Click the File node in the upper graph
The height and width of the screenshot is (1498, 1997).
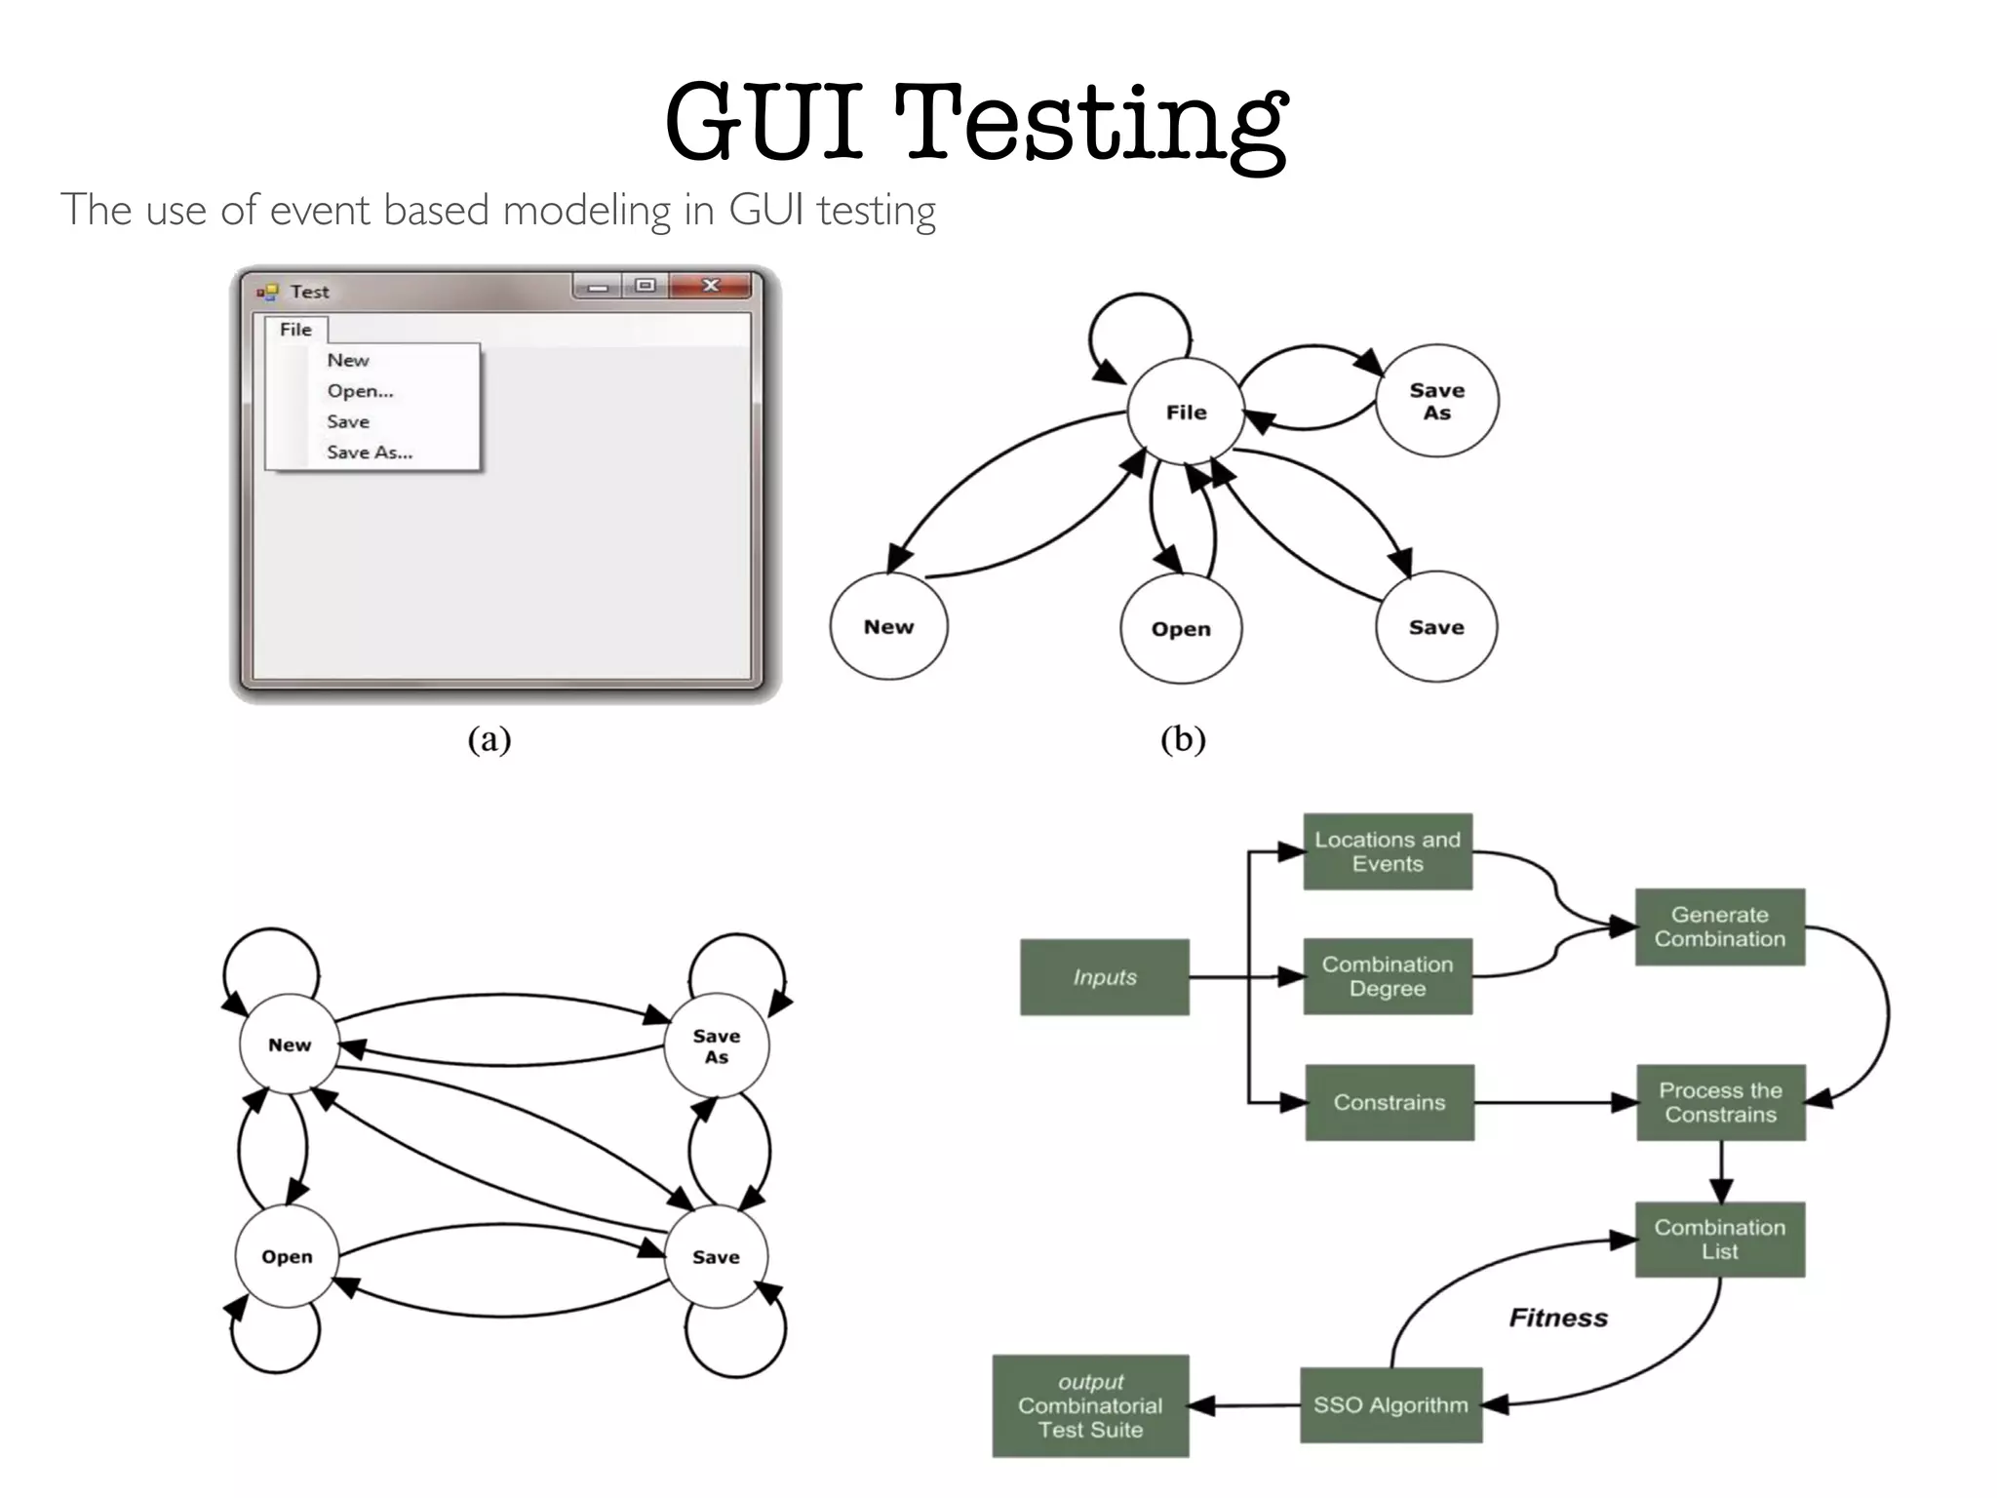pyautogui.click(x=1186, y=412)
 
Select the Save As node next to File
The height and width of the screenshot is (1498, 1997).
pyautogui.click(x=1436, y=401)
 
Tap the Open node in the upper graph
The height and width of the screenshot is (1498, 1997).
pyautogui.click(x=1180, y=629)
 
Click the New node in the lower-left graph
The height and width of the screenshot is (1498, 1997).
pyautogui.click(x=290, y=1045)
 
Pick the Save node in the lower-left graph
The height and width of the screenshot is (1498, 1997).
pyautogui.click(x=716, y=1257)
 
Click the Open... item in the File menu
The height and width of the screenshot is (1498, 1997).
pyautogui.click(x=360, y=391)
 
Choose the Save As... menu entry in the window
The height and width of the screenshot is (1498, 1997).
pyautogui.click(x=370, y=453)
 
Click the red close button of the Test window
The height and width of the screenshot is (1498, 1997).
pyautogui.click(x=711, y=285)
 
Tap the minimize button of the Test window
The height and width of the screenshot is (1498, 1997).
pyautogui.click(x=598, y=286)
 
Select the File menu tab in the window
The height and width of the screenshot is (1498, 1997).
pyautogui.click(x=295, y=330)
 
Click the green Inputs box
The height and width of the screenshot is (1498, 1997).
pyautogui.click(x=1104, y=977)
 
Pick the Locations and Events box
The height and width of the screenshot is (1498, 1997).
pyautogui.click(x=1387, y=851)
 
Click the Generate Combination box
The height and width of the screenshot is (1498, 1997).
pyautogui.click(x=1719, y=926)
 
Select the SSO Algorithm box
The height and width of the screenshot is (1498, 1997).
pyautogui.click(x=1390, y=1405)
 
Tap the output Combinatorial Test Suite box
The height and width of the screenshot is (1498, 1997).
pyautogui.click(x=1090, y=1405)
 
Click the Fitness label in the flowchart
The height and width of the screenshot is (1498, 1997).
pyautogui.click(x=1558, y=1318)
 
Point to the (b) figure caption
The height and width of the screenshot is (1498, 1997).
pyautogui.click(x=1183, y=739)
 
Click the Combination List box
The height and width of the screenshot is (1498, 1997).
pyautogui.click(x=1719, y=1240)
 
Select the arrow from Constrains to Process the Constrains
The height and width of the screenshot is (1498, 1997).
pyautogui.click(x=1555, y=1103)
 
